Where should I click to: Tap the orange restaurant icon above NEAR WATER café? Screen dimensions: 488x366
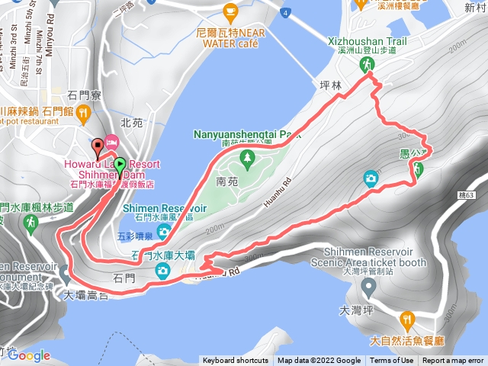(230, 11)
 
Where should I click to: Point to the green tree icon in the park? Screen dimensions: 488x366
(246, 158)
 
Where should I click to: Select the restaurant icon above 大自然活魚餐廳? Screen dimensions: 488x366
(406, 319)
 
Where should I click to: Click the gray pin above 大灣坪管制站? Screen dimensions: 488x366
(370, 287)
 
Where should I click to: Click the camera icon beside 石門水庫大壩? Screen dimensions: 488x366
(162, 271)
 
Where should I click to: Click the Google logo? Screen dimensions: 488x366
(29, 355)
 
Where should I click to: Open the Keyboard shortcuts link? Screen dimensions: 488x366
(235, 361)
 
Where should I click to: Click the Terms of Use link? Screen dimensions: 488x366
(392, 361)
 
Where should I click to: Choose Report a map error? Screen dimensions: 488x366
(453, 361)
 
